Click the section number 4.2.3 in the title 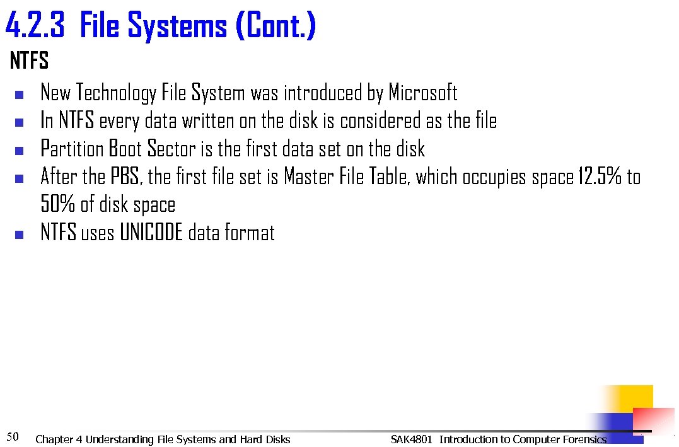(x=37, y=26)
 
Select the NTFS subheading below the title (x=29, y=62)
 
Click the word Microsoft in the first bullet (x=422, y=93)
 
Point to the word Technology (x=116, y=93)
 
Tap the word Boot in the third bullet (x=125, y=149)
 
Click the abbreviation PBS (x=127, y=177)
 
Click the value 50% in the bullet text (x=58, y=205)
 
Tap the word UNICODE (x=151, y=233)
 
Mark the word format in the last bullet (x=251, y=233)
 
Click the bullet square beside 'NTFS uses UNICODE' (x=18, y=235)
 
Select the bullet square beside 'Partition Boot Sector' (x=18, y=151)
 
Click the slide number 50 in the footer (x=13, y=436)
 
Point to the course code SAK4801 (x=412, y=439)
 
